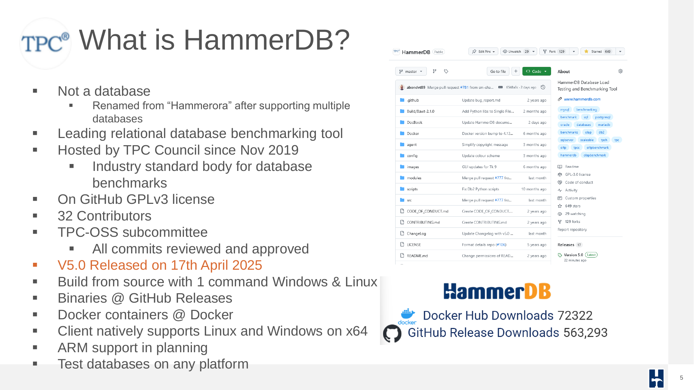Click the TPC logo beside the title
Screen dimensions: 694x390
pyautogui.click(x=45, y=43)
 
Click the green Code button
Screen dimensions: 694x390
pyautogui.click(x=536, y=71)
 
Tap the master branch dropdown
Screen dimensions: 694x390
pyautogui.click(x=411, y=71)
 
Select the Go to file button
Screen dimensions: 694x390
pyautogui.click(x=498, y=71)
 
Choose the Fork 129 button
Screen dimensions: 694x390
pyautogui.click(x=555, y=52)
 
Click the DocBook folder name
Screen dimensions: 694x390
pyautogui.click(x=415, y=122)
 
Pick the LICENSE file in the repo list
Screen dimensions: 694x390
pyautogui.click(x=414, y=245)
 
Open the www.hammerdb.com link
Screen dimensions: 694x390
pyautogui.click(x=582, y=99)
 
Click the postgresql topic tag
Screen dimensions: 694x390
pyautogui.click(x=602, y=117)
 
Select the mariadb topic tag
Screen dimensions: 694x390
pyautogui.click(x=604, y=125)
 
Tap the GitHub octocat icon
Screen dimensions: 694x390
pyautogui.click(x=392, y=333)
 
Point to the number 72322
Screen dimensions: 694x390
pyautogui.click(x=575, y=315)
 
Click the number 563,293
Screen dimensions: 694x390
pyautogui.click(x=585, y=332)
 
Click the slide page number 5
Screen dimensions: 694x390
pyautogui.click(x=682, y=378)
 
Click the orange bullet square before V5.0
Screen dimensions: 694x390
pyautogui.click(x=35, y=265)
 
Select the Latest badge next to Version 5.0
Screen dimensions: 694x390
pyautogui.click(x=591, y=255)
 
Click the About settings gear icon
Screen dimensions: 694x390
pyautogui.click(x=620, y=71)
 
